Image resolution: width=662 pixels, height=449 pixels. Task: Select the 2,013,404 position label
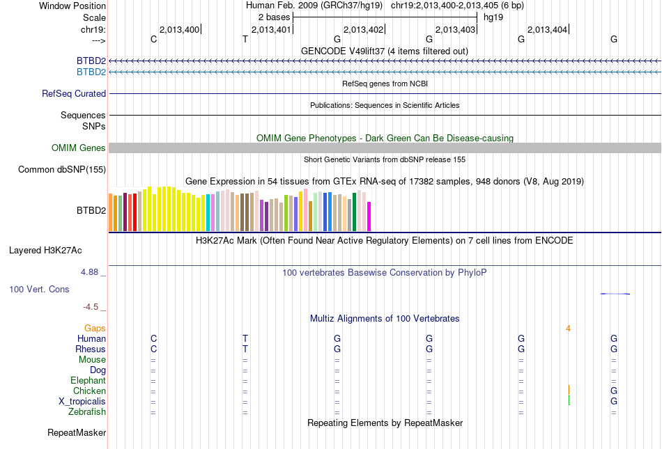[x=548, y=29]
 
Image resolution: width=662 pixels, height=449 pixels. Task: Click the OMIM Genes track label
[x=79, y=148]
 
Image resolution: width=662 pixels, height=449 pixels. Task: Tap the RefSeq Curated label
[x=74, y=93]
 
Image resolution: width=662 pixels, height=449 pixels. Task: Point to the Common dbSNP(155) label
[x=62, y=169]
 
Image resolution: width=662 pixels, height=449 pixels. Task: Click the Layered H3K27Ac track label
[x=57, y=249]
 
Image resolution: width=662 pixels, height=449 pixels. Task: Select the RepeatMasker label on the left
[x=77, y=433]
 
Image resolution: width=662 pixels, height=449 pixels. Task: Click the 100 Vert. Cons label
[x=39, y=288]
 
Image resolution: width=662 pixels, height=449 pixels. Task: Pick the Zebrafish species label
[x=87, y=412]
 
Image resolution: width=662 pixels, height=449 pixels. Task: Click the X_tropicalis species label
[x=82, y=402]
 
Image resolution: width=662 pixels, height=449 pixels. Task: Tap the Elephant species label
[x=88, y=381]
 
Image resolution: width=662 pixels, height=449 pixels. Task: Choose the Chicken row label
[x=89, y=391]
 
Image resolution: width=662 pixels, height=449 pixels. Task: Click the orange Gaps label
[x=95, y=328]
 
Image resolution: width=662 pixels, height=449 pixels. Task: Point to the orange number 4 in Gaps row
[x=569, y=328]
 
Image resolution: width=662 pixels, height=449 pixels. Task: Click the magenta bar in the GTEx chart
[x=369, y=216]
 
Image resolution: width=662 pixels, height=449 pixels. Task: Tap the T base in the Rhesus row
[x=245, y=349]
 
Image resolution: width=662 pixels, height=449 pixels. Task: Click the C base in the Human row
[x=153, y=338]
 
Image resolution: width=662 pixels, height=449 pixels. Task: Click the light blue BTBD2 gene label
[x=91, y=72]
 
